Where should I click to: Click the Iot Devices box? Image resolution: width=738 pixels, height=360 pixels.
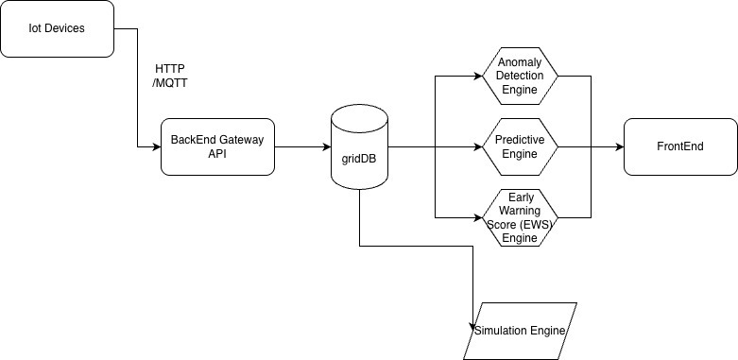57,28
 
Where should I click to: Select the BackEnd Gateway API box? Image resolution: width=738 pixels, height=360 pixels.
217,146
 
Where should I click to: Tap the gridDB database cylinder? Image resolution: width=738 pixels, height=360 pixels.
360,146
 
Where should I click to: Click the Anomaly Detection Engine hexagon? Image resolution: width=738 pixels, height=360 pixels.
520,76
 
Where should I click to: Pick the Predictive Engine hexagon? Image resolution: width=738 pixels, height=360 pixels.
520,146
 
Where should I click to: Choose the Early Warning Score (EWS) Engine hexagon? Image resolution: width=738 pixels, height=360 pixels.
520,218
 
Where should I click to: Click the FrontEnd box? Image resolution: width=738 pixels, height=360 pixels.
680,146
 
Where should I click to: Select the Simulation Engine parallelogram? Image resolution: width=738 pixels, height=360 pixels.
520,331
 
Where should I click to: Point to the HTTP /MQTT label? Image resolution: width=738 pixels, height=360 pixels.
170,76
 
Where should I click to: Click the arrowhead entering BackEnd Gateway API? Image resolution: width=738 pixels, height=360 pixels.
157,146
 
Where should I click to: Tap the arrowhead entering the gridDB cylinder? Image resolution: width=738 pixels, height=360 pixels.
327,146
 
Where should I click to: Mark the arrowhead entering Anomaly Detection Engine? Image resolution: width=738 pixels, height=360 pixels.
479,76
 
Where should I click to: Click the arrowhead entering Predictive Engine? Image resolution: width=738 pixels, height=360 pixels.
479,146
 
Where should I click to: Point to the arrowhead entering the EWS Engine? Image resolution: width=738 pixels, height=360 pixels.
479,218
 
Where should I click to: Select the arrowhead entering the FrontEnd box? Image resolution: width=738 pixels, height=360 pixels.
620,146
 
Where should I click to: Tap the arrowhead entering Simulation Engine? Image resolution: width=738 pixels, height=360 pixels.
472,327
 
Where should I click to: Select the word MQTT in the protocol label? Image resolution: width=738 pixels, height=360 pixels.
172,83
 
